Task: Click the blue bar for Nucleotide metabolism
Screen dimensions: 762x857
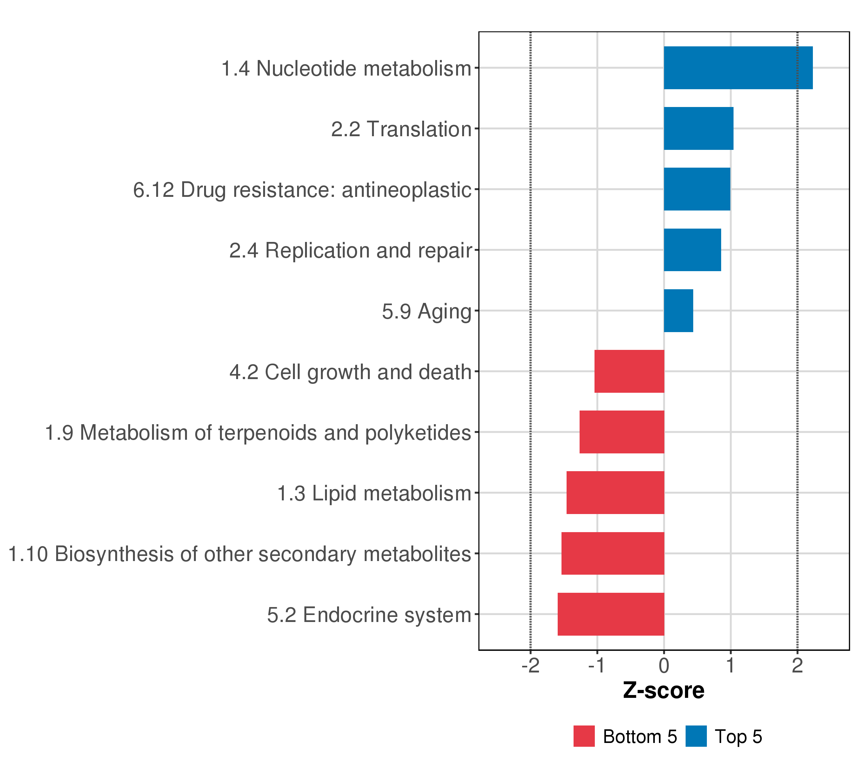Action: click(738, 68)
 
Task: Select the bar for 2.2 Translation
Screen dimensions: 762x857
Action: click(699, 128)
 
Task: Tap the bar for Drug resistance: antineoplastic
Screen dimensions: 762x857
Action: click(697, 189)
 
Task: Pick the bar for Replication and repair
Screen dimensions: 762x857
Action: click(692, 250)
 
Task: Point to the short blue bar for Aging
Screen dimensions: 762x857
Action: click(678, 311)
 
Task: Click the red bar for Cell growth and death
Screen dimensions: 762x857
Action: click(629, 371)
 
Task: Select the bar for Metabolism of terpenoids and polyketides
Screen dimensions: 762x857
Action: click(622, 432)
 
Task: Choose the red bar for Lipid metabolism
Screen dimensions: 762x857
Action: click(615, 493)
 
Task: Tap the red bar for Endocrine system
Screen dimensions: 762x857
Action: click(611, 614)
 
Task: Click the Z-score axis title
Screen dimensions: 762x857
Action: click(664, 691)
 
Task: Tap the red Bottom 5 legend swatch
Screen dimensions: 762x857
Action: click(584, 736)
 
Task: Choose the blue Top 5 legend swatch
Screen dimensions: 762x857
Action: click(696, 736)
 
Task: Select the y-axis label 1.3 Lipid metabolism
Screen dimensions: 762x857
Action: click(375, 494)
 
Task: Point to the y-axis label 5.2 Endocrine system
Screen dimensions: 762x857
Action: click(369, 615)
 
